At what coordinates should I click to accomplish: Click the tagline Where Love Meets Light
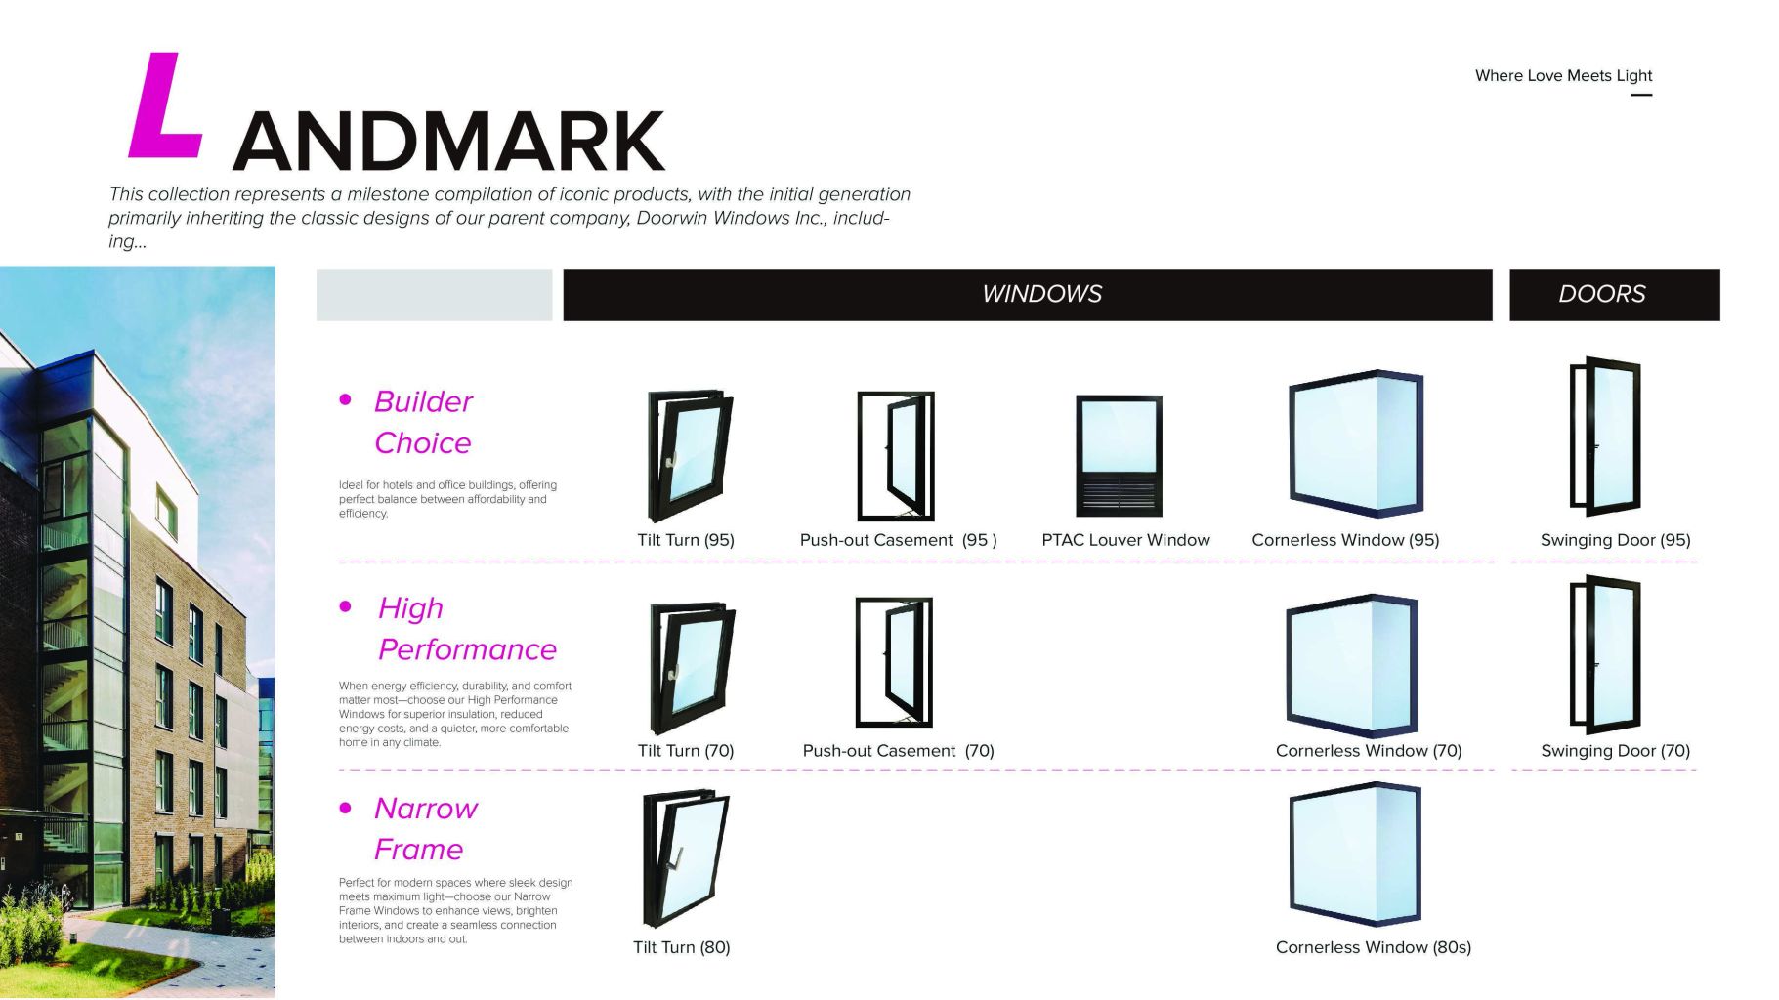point(1562,76)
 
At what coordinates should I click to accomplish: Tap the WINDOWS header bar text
point(1041,294)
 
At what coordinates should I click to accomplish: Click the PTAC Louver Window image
point(1118,455)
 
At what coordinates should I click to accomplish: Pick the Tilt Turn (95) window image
point(689,456)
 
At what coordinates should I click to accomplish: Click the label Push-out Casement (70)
point(898,751)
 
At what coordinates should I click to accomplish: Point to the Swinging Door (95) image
point(1604,437)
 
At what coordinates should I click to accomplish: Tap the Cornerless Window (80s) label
point(1373,947)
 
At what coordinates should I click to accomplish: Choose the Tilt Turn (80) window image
point(685,858)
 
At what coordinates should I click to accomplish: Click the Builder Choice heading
point(422,422)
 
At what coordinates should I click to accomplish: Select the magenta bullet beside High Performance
point(345,606)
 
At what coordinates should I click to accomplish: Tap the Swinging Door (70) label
point(1614,751)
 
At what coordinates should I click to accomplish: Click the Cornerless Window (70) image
point(1351,666)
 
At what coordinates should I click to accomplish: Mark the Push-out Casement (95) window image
point(895,456)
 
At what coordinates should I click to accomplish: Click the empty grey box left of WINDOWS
point(434,295)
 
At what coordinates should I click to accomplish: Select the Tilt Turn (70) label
point(685,751)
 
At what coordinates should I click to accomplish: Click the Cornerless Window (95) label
point(1344,540)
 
